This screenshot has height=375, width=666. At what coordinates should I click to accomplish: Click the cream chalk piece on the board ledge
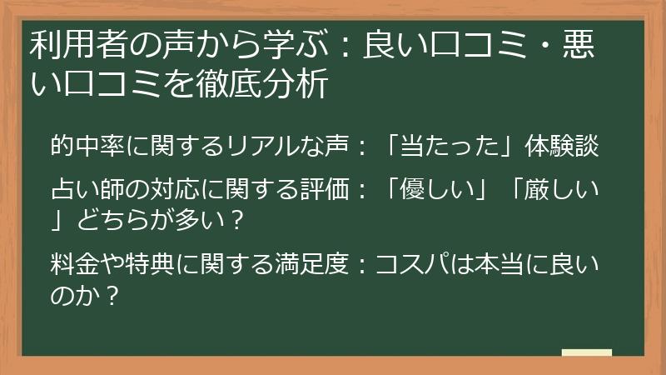point(586,352)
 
